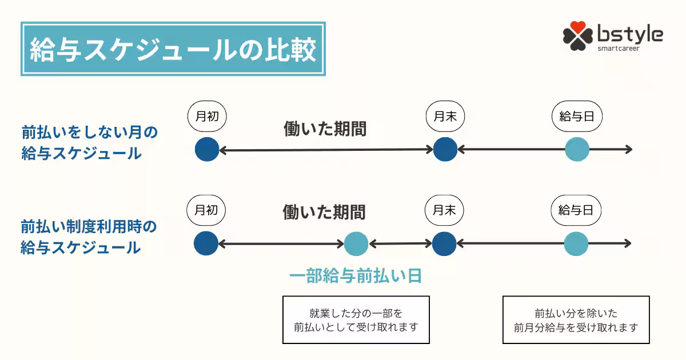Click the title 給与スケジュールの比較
pyautogui.click(x=173, y=49)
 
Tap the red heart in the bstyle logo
pyautogui.click(x=578, y=27)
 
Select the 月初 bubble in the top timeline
pyautogui.click(x=207, y=116)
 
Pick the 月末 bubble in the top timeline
pyautogui.click(x=445, y=116)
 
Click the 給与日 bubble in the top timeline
pyautogui.click(x=577, y=116)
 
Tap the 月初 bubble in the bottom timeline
pyautogui.click(x=206, y=210)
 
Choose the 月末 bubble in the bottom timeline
pyautogui.click(x=444, y=210)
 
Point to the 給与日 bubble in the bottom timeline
pyautogui.click(x=576, y=210)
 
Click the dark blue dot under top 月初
pyautogui.click(x=207, y=150)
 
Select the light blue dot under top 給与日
pyautogui.click(x=577, y=150)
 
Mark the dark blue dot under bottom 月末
pyautogui.click(x=444, y=244)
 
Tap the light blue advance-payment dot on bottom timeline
pyautogui.click(x=356, y=244)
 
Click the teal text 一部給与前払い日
pyautogui.click(x=356, y=277)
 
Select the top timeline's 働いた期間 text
pyautogui.click(x=325, y=129)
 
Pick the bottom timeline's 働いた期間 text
pyautogui.click(x=324, y=213)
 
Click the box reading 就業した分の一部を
pyautogui.click(x=356, y=319)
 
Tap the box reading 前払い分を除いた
pyautogui.click(x=576, y=319)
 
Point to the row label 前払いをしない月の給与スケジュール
pyautogui.click(x=89, y=143)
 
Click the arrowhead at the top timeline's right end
pyautogui.click(x=629, y=150)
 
